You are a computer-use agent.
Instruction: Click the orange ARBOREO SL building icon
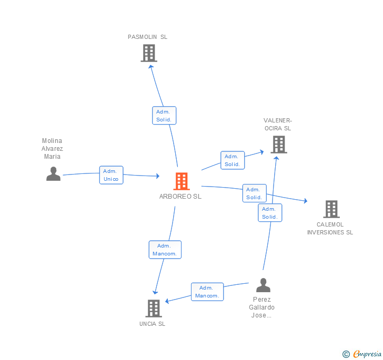pyautogui.click(x=182, y=181)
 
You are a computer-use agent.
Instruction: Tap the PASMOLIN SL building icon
pyautogui.click(x=149, y=53)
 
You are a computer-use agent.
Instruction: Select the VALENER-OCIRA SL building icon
pyautogui.click(x=279, y=145)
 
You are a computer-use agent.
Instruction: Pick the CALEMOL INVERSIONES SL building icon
pyautogui.click(x=331, y=209)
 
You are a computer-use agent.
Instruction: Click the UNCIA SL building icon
pyautogui.click(x=153, y=308)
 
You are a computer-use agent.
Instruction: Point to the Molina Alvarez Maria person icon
pyautogui.click(x=53, y=174)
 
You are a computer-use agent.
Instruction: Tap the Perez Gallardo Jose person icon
pyautogui.click(x=263, y=285)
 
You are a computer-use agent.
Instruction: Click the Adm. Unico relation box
pyautogui.click(x=111, y=175)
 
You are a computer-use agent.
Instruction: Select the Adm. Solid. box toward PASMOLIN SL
pyautogui.click(x=164, y=116)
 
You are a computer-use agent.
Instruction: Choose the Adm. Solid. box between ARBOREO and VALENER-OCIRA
pyautogui.click(x=232, y=160)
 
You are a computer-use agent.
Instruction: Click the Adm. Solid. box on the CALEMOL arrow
pyautogui.click(x=254, y=193)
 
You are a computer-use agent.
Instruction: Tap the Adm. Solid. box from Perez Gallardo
pyautogui.click(x=270, y=213)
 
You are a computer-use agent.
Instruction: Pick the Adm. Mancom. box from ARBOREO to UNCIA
pyautogui.click(x=165, y=250)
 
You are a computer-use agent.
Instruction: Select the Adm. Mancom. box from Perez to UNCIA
pyautogui.click(x=207, y=292)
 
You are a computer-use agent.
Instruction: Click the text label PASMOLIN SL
pyautogui.click(x=148, y=37)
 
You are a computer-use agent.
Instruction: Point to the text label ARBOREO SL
pyautogui.click(x=180, y=197)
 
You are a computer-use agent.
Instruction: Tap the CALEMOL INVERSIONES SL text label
pyautogui.click(x=330, y=229)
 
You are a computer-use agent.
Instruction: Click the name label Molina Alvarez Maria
pyautogui.click(x=52, y=149)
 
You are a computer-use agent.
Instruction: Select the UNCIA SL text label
pyautogui.click(x=152, y=324)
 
